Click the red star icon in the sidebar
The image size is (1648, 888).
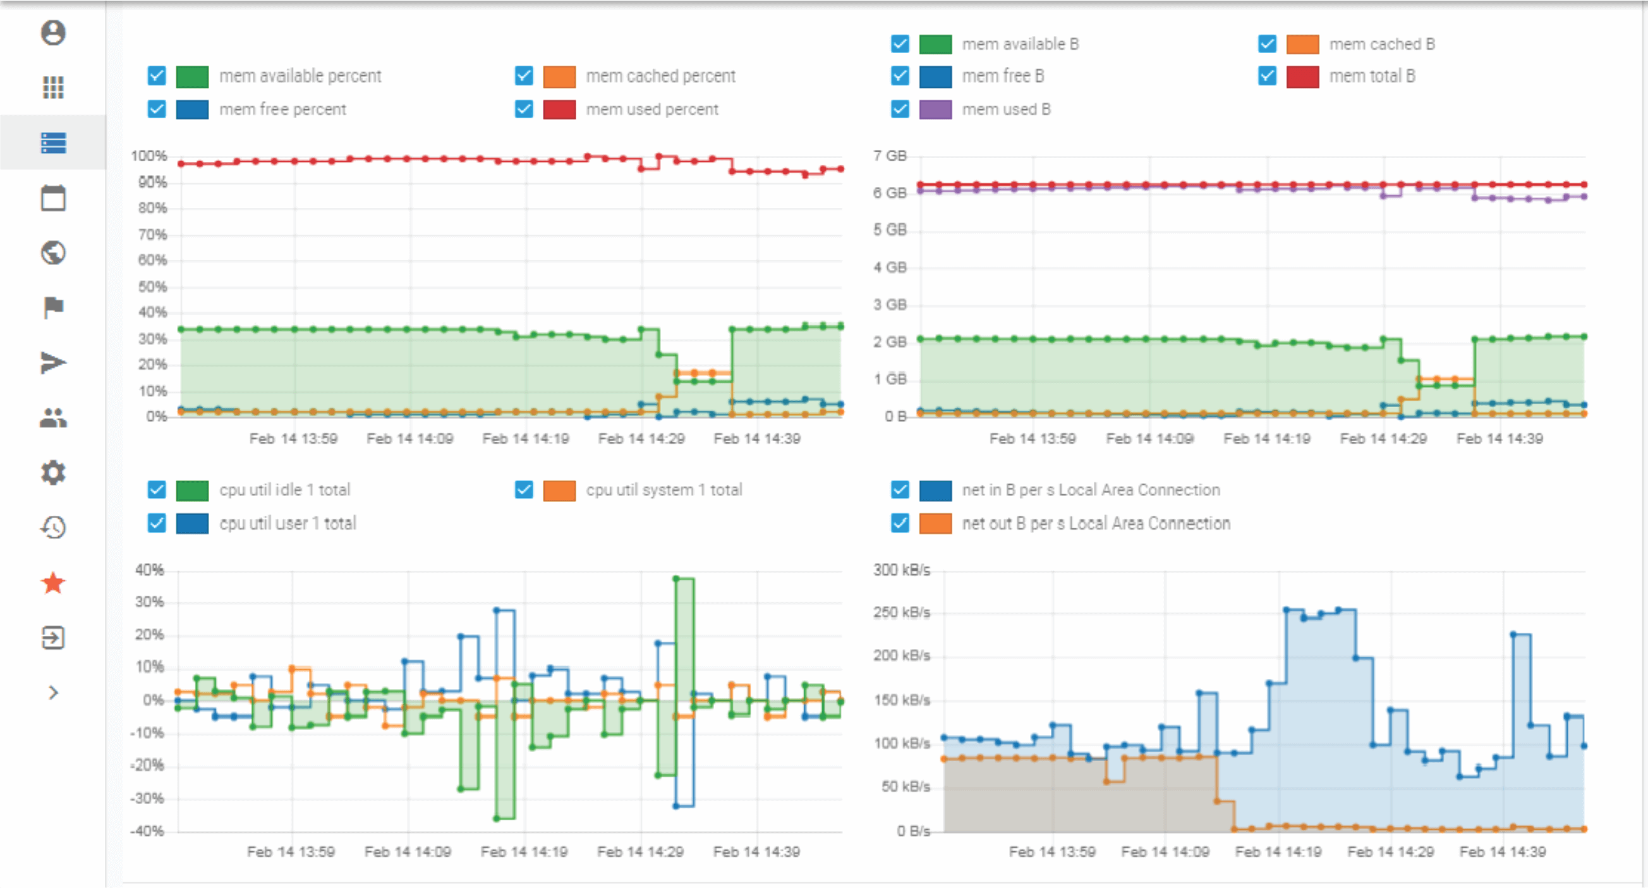click(53, 583)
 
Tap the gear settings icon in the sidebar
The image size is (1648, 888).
click(53, 473)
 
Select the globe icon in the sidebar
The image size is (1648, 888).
click(53, 253)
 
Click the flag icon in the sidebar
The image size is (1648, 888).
click(53, 307)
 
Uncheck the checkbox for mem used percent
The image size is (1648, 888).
click(524, 109)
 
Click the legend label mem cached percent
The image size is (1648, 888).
click(660, 76)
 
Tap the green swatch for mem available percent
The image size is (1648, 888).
click(192, 76)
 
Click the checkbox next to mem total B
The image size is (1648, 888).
click(1267, 76)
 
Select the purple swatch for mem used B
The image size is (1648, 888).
click(935, 109)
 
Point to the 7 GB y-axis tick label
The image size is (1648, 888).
click(889, 156)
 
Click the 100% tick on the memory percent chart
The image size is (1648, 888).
click(149, 156)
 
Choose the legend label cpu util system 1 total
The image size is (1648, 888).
click(663, 490)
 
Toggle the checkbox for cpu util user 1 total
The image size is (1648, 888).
click(157, 523)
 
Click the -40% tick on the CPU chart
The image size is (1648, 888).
click(147, 831)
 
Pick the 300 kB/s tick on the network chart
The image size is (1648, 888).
click(902, 570)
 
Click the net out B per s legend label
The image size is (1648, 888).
click(1095, 523)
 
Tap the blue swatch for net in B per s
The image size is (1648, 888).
click(935, 490)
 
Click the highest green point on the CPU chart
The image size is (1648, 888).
click(676, 578)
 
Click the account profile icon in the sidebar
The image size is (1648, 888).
click(53, 33)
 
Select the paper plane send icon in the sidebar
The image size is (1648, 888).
click(53, 363)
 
